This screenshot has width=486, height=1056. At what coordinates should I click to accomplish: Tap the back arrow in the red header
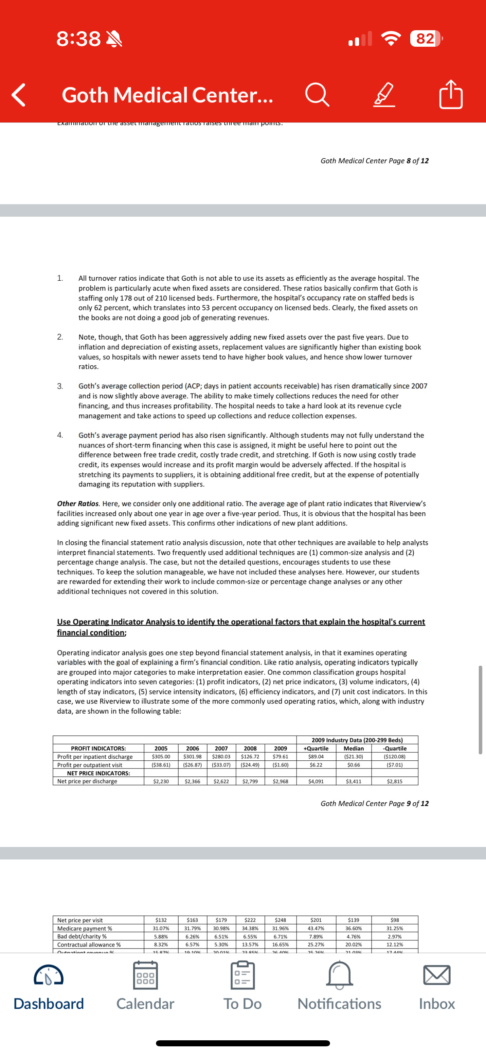click(x=19, y=95)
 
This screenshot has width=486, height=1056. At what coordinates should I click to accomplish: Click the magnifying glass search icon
click(x=317, y=95)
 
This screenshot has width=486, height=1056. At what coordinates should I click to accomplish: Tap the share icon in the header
click(x=451, y=95)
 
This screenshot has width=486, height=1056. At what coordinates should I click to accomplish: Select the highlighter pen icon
click(x=384, y=95)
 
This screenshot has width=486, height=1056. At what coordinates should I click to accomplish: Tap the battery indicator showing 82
click(x=426, y=39)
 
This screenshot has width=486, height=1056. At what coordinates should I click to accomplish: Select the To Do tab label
click(x=242, y=1004)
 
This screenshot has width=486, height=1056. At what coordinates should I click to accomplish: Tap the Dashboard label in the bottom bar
click(x=49, y=1004)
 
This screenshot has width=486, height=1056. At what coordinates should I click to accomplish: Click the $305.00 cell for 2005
click(x=161, y=756)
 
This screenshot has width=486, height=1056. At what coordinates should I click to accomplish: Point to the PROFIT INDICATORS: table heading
click(x=98, y=748)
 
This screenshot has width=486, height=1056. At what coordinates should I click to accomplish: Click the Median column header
click(x=353, y=748)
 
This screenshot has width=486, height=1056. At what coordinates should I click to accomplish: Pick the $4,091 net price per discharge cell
click(x=316, y=781)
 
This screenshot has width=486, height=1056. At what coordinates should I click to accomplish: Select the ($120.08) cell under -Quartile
click(x=395, y=756)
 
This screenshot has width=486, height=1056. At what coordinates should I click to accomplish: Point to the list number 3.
click(x=60, y=386)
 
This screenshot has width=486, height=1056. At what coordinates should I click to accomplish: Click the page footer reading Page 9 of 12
click(x=374, y=803)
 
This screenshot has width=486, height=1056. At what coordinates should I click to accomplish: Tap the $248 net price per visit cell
click(x=280, y=920)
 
